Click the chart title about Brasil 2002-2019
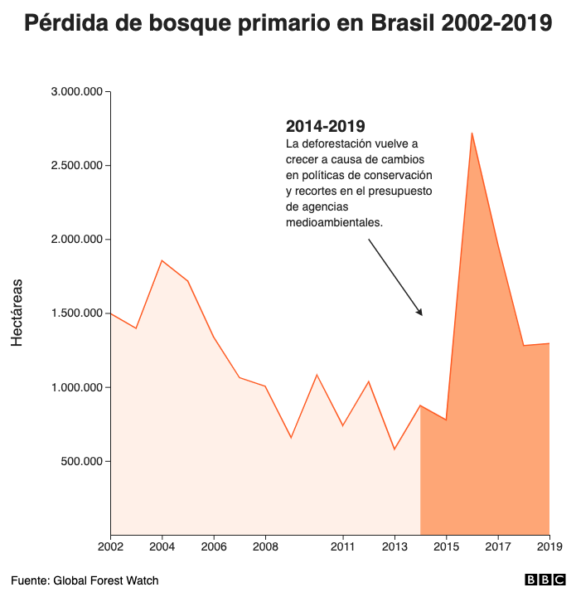[288, 23]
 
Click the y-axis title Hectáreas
[17, 313]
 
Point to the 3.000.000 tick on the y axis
[76, 91]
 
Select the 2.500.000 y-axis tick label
[76, 165]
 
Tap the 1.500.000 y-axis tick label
[76, 313]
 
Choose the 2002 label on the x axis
[110, 546]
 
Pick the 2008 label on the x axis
[265, 546]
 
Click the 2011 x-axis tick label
[343, 546]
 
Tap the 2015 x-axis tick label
[446, 546]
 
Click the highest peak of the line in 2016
[472, 133]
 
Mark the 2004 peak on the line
[162, 260]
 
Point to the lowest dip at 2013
[394, 449]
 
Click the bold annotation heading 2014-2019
[325, 126]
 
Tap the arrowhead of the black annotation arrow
[420, 313]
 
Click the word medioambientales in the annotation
[334, 222]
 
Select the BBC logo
[544, 580]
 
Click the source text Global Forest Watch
[105, 580]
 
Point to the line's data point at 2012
[369, 381]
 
